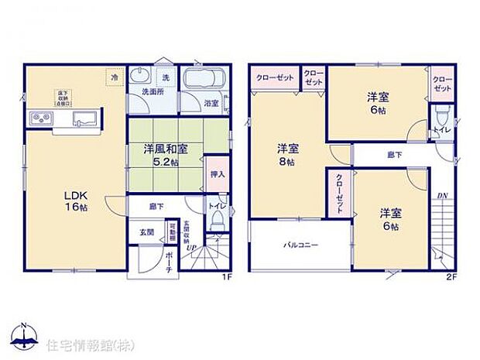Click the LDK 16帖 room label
point(75,202)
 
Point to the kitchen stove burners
point(41,118)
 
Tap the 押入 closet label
point(218,176)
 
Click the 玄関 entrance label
point(146,231)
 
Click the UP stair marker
point(190,248)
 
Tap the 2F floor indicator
point(451,276)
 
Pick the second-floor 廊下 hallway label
point(395,155)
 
